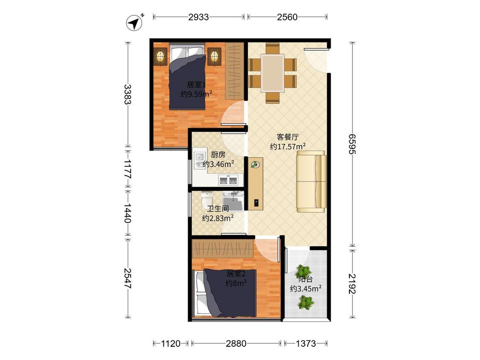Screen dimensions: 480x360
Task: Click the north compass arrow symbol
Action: (135, 23)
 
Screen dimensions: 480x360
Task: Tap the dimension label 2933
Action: (198, 17)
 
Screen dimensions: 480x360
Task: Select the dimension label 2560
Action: (287, 17)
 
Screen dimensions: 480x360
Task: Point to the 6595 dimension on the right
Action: (352, 144)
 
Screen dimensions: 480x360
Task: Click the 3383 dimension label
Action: (128, 94)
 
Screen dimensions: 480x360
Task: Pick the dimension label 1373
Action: (305, 343)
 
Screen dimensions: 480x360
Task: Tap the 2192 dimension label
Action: (352, 284)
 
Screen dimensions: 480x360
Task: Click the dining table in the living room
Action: (273, 73)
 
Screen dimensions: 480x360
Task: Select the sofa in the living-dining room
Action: (311, 182)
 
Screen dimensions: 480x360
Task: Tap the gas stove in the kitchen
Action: (228, 180)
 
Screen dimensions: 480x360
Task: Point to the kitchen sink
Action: (200, 160)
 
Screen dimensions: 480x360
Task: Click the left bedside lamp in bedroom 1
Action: (160, 56)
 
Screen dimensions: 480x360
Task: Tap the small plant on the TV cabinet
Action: (255, 164)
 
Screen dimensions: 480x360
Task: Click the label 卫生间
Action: (218, 209)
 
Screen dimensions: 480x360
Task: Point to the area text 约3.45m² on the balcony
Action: (305, 288)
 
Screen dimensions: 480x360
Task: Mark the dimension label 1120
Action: (171, 343)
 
